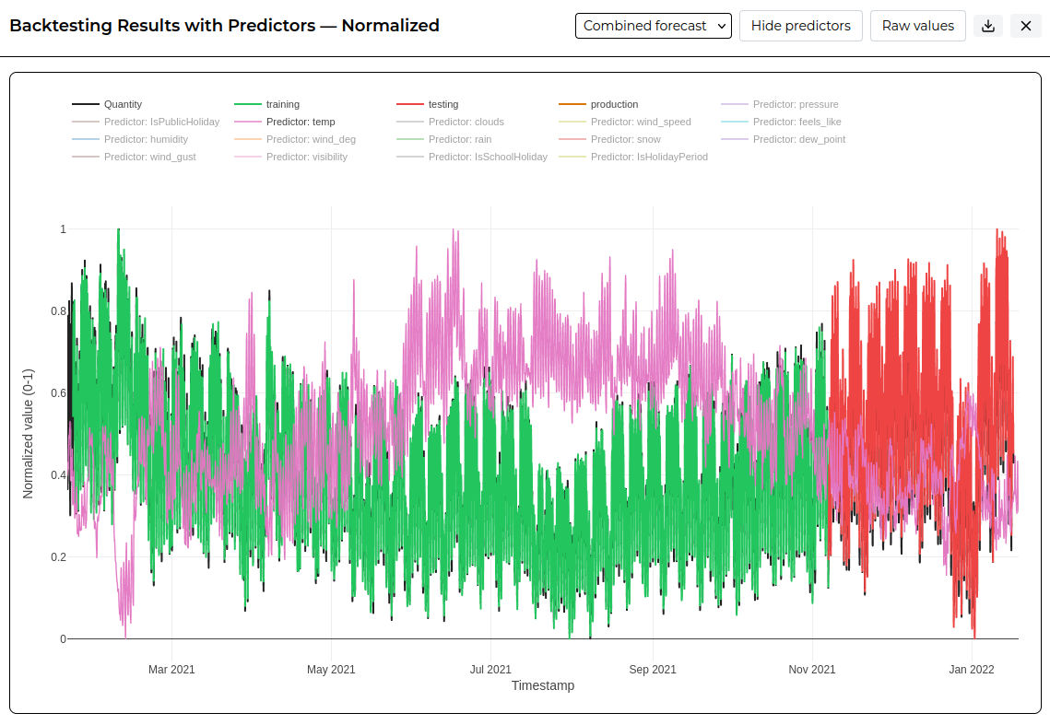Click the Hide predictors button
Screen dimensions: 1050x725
point(800,26)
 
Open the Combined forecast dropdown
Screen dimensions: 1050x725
point(653,26)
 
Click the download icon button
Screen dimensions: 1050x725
point(987,26)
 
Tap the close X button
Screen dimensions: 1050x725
point(1025,26)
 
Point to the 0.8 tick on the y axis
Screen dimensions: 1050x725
point(59,311)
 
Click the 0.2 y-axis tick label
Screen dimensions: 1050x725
point(59,557)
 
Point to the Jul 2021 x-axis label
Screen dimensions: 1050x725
point(490,670)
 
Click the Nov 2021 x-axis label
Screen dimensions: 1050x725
point(811,670)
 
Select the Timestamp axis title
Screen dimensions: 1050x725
point(543,685)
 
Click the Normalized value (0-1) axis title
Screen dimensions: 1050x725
point(29,434)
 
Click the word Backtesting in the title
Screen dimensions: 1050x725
point(61,26)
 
